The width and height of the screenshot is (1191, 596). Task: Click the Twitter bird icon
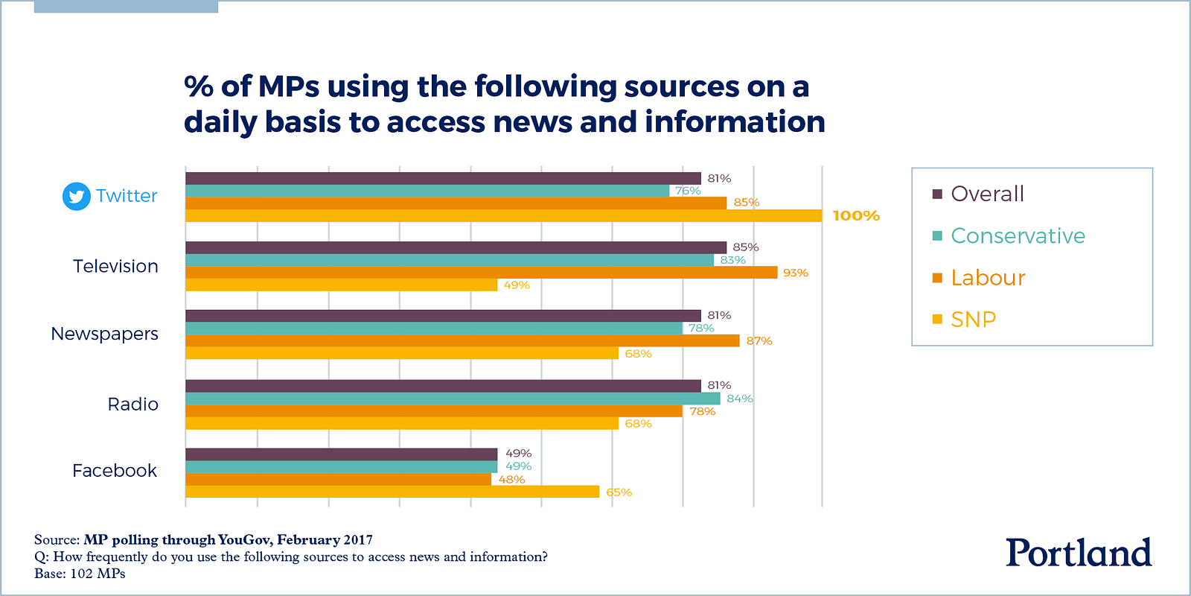click(x=76, y=196)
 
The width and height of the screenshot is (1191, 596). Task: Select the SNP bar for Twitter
click(x=503, y=216)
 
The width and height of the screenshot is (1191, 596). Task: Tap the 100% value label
click(x=856, y=216)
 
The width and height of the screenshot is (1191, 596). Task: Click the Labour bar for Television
click(x=481, y=273)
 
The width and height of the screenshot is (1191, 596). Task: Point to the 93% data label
click(x=795, y=273)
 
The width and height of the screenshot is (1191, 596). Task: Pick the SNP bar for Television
click(x=341, y=285)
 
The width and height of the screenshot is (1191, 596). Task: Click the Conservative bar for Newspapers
click(x=433, y=329)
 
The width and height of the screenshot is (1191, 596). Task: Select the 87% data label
click(x=759, y=341)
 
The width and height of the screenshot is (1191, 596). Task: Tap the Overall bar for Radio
click(x=443, y=386)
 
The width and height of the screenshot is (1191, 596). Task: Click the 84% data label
click(x=740, y=399)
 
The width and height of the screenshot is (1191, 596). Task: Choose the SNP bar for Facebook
click(x=392, y=492)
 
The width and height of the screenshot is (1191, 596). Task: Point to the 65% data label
click(x=619, y=492)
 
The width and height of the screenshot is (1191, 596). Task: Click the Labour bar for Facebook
click(x=338, y=480)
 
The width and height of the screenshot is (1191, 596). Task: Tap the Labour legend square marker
click(x=937, y=279)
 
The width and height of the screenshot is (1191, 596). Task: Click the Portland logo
click(x=1079, y=553)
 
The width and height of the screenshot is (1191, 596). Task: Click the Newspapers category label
click(x=104, y=334)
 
